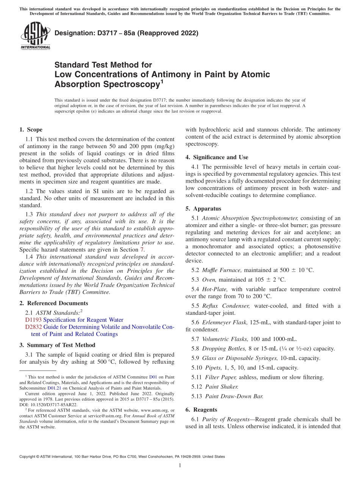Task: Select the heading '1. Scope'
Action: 31,130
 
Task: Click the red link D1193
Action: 33,320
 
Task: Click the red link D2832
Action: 33,327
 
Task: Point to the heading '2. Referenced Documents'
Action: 53,303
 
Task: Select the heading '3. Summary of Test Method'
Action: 57,345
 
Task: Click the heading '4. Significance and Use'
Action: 217,157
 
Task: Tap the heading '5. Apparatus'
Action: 203,208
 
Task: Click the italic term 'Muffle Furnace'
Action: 222,270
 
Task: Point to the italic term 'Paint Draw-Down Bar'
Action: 234,396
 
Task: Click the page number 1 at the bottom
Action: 180,465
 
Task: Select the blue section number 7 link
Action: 142,250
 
